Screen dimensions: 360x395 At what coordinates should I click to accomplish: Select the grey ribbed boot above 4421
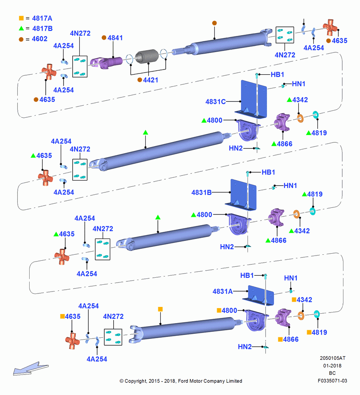click(147, 56)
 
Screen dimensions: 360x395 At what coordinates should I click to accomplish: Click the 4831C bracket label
click(216, 102)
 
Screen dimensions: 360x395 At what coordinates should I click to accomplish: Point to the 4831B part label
click(201, 193)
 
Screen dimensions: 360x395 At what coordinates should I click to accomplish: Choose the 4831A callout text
click(223, 292)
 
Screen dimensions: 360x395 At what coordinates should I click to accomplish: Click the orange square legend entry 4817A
click(36, 19)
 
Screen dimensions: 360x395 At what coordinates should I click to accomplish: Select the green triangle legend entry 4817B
click(36, 28)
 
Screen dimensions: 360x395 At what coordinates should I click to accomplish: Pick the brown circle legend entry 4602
click(33, 39)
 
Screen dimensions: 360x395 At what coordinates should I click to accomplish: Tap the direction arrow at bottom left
click(31, 369)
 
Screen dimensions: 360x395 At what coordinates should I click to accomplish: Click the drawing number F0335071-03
click(332, 381)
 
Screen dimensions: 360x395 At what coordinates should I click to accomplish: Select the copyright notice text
click(181, 381)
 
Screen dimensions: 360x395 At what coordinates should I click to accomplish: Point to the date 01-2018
click(332, 365)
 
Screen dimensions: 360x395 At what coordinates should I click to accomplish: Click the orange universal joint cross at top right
click(330, 27)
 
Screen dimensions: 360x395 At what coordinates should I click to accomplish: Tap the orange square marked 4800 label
click(227, 310)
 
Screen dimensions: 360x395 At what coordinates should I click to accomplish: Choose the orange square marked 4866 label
click(288, 339)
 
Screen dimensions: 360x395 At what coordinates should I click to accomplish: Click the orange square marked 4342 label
click(302, 300)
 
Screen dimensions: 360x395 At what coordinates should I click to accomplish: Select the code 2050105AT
click(332, 358)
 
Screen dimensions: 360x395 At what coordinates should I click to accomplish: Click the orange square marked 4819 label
click(317, 333)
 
